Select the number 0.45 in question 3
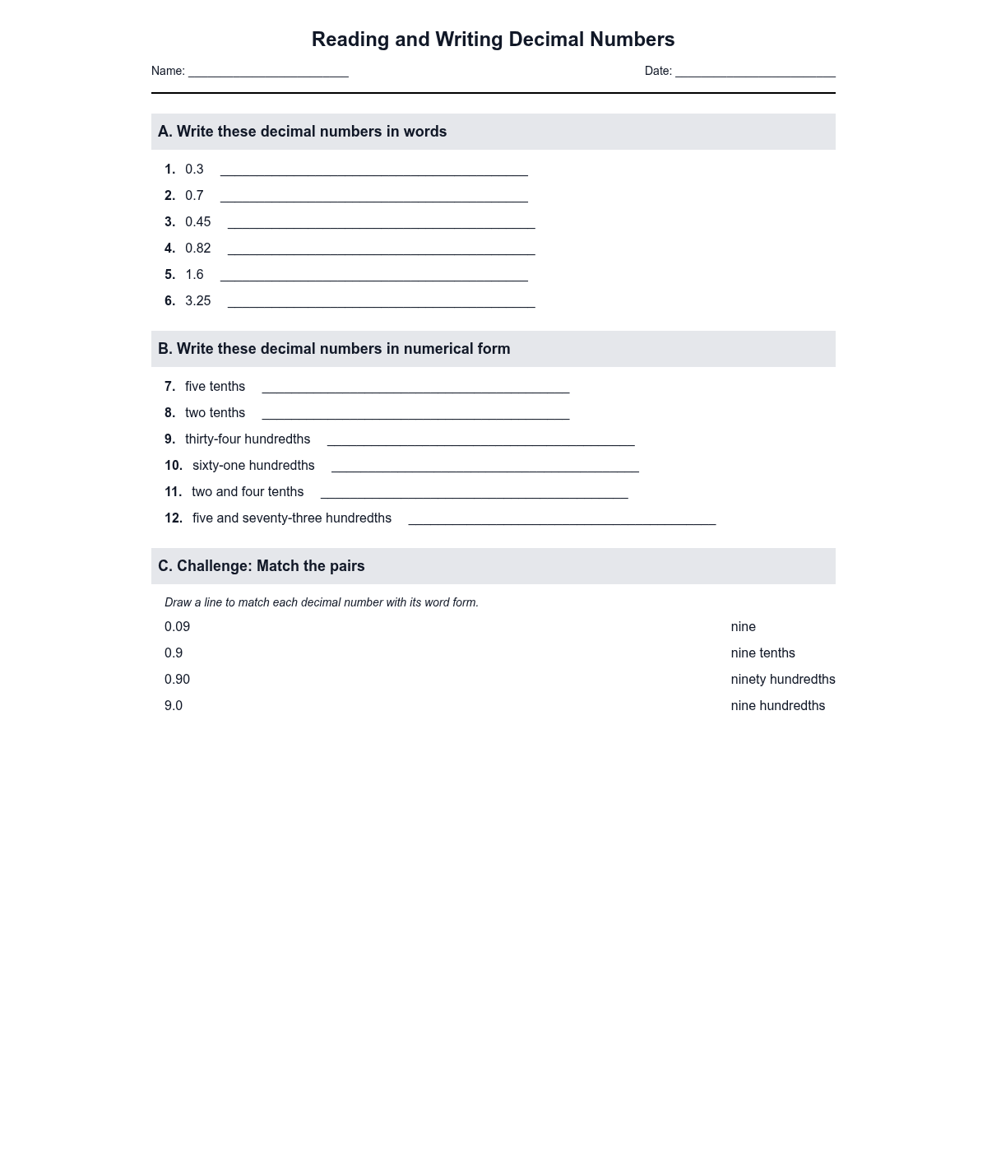197,222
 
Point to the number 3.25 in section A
197,301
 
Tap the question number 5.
169,275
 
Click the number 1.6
194,275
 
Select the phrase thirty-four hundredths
248,439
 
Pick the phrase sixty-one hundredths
253,466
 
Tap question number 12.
173,518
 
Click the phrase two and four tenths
248,492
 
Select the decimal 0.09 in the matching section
177,627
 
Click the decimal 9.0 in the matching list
174,706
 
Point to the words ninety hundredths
782,680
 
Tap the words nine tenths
762,653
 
